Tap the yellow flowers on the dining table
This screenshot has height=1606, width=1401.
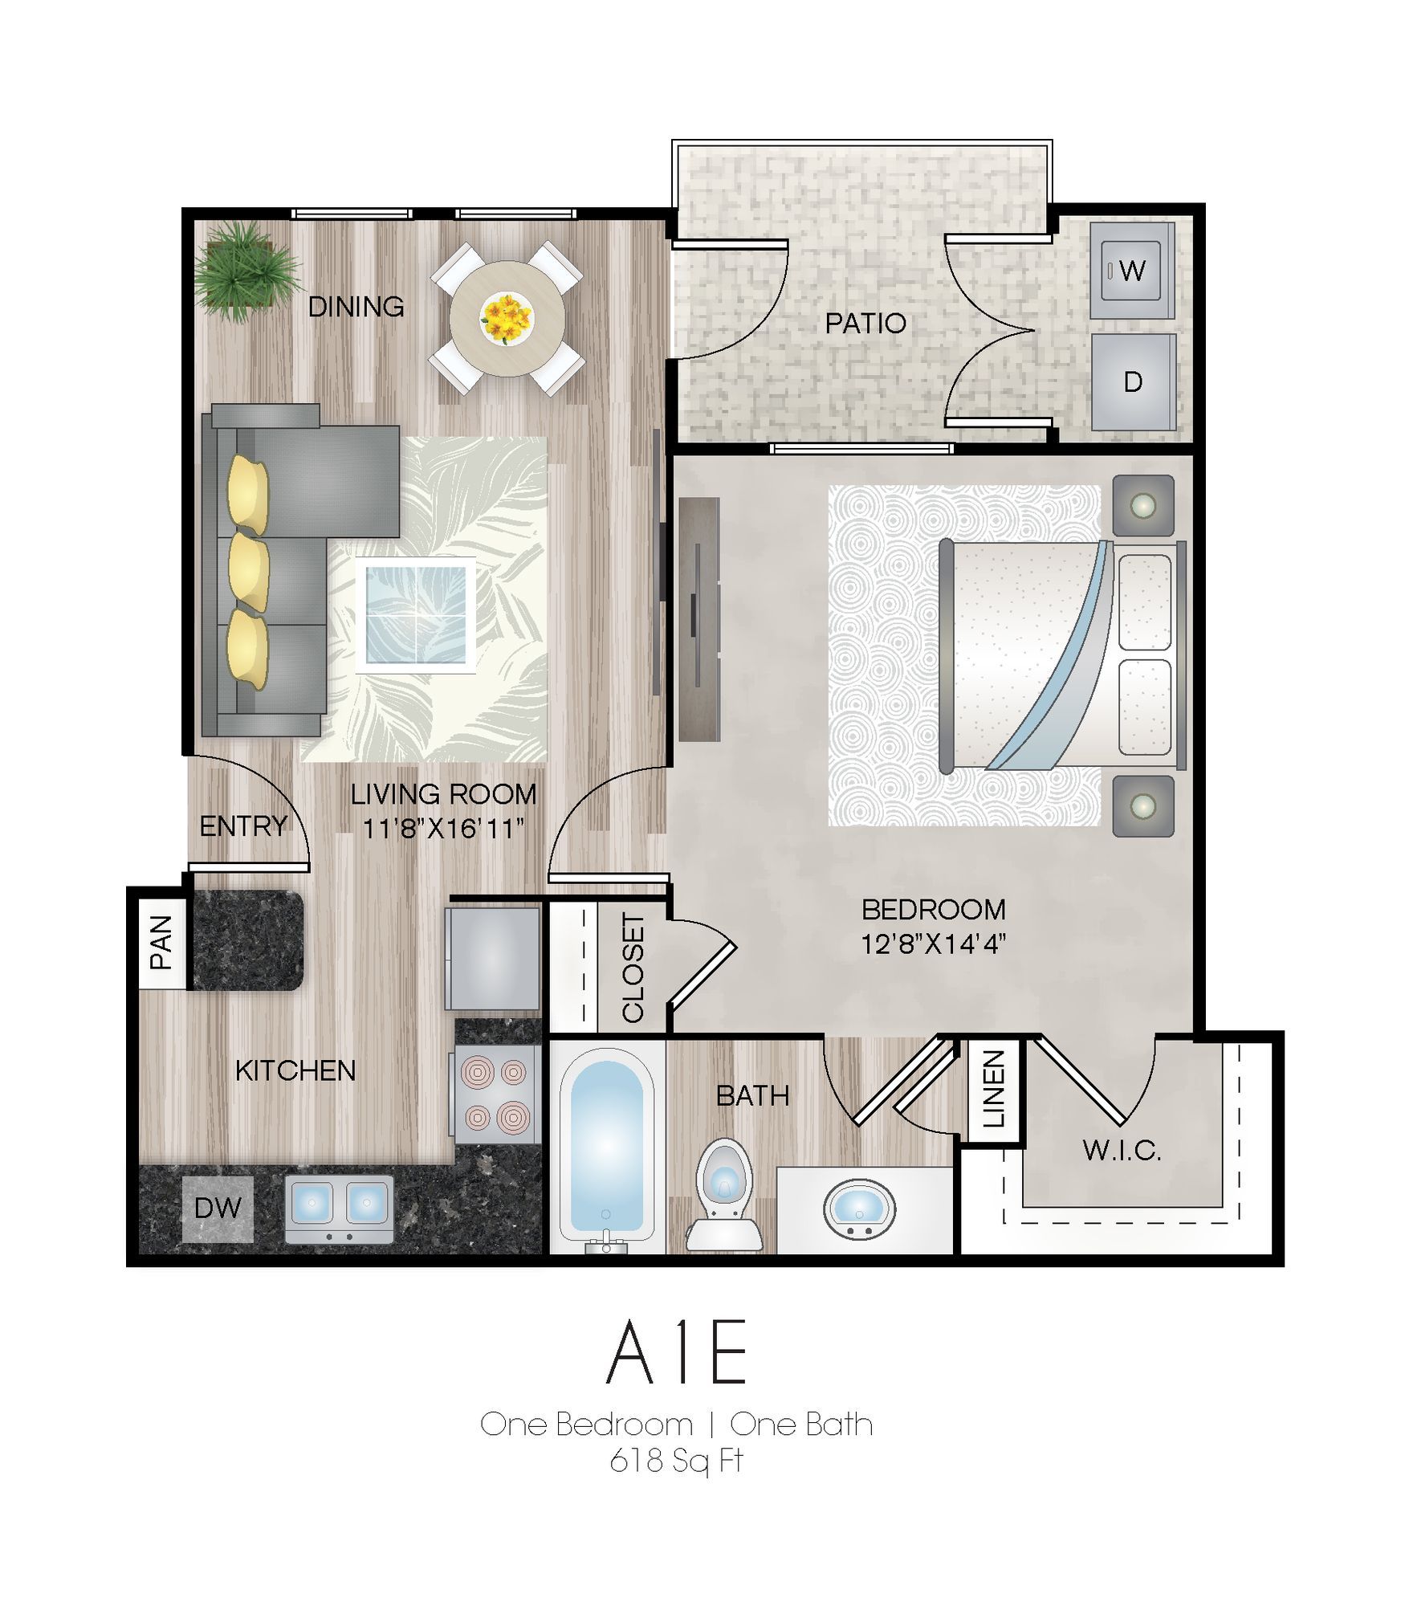[506, 317]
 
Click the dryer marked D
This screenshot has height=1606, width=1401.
[1133, 381]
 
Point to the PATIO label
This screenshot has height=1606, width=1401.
[865, 323]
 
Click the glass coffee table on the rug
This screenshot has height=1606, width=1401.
[415, 615]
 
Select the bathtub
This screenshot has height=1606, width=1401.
[607, 1149]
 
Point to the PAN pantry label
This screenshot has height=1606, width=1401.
[161, 943]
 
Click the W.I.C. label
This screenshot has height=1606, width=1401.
[1122, 1151]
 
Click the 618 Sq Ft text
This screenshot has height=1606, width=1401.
[677, 1461]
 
